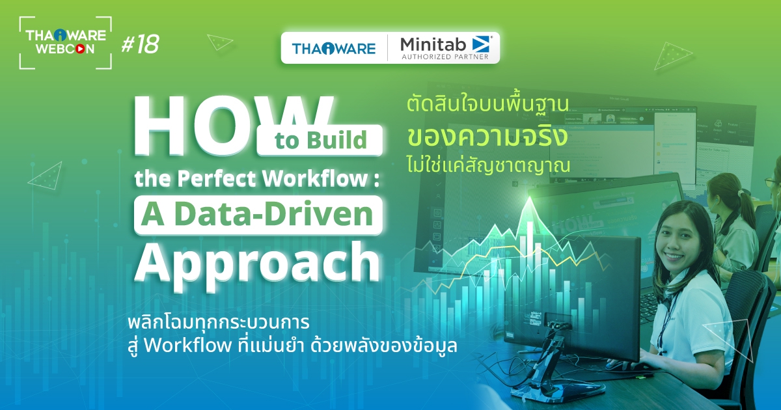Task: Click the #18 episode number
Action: point(140,44)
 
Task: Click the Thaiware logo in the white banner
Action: point(333,48)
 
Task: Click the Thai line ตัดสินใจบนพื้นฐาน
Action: point(487,104)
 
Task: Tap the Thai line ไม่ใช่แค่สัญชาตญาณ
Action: point(487,165)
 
